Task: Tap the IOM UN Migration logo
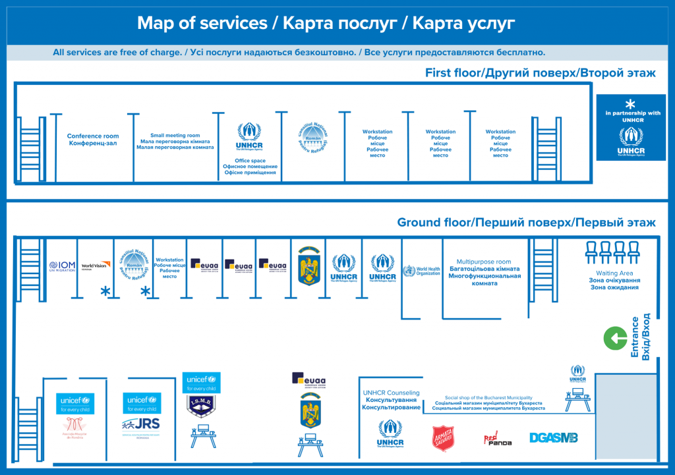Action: (62, 266)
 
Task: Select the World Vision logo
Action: (94, 266)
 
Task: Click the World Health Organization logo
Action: (421, 271)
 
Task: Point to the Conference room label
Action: (93, 140)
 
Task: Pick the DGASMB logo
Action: (554, 437)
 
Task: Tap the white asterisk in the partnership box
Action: (630, 103)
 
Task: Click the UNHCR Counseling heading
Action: (391, 393)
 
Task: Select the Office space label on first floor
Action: (250, 161)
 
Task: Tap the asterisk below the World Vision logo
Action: (104, 292)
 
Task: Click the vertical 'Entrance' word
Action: (635, 337)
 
